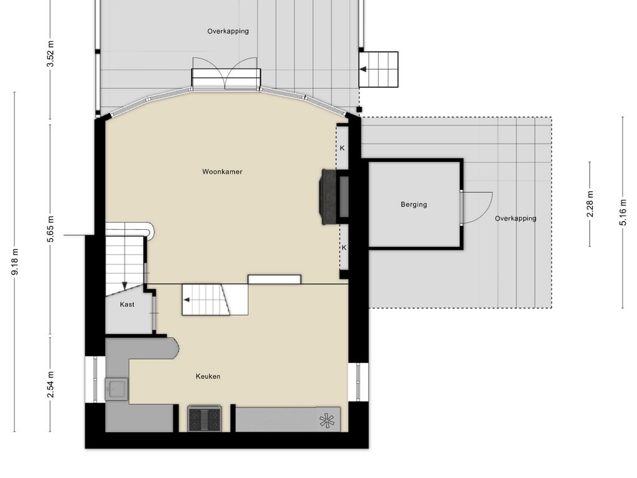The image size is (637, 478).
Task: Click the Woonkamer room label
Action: [x=222, y=172]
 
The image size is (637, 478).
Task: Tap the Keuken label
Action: [x=208, y=377]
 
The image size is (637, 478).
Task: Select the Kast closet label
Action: [x=127, y=304]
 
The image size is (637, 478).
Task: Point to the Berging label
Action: [x=414, y=204]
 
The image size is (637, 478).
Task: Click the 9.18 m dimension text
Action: [x=15, y=262]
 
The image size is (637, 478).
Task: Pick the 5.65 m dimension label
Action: [x=50, y=229]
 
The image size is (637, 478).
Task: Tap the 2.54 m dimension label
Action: [x=50, y=385]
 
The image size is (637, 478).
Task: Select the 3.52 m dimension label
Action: [x=50, y=54]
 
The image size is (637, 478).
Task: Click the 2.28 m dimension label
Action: [x=590, y=204]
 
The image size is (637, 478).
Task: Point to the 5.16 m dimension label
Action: [x=623, y=212]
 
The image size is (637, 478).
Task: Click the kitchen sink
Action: [x=116, y=389]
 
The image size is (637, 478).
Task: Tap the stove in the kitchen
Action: [x=205, y=418]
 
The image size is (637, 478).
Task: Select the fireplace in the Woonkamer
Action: [x=330, y=197]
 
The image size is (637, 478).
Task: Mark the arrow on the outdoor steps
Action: [x=363, y=69]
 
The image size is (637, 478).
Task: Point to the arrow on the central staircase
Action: [x=187, y=300]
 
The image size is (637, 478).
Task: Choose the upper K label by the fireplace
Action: [x=342, y=148]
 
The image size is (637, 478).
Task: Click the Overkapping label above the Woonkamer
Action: [x=228, y=31]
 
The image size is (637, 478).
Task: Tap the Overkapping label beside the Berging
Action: [x=516, y=218]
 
